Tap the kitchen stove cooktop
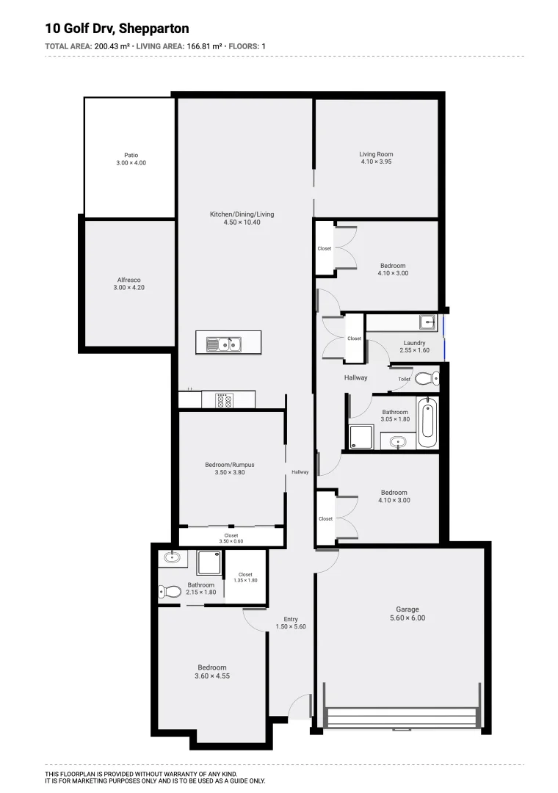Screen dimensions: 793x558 coord(224,401)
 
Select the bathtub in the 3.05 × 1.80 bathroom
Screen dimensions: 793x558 coord(427,423)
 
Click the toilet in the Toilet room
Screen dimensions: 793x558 coord(427,379)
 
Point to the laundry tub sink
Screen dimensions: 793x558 coord(427,322)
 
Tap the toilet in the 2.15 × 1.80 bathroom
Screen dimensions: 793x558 coord(170,591)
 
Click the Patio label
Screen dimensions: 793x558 coord(131,155)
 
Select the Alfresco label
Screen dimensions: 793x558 coord(128,280)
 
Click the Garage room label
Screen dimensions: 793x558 coord(407,609)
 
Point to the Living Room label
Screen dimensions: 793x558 coord(376,154)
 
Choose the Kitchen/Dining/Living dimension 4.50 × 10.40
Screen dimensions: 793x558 coord(242,222)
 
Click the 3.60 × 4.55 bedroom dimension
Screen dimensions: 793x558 coord(212,676)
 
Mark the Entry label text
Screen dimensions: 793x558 coord(290,619)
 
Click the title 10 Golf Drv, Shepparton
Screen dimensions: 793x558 coord(117,29)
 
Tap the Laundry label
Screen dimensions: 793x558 coord(414,343)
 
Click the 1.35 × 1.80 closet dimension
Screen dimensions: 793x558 coord(245,580)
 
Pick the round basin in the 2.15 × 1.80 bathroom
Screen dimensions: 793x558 coord(172,557)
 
